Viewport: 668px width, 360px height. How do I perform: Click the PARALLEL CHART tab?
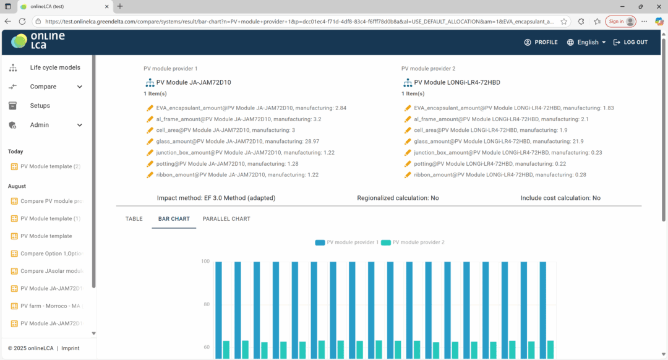coord(226,219)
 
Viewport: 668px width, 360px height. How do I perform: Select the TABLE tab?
coord(134,219)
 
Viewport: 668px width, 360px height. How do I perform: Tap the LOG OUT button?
coord(630,42)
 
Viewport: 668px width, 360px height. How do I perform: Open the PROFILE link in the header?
coord(541,42)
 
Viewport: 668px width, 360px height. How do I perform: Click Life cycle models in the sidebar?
coord(55,67)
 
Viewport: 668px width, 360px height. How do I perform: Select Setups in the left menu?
coord(40,106)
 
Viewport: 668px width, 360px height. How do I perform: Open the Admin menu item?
coord(40,125)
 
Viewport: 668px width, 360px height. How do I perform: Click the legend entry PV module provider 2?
coord(413,242)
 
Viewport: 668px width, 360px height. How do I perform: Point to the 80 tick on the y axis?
coord(205,304)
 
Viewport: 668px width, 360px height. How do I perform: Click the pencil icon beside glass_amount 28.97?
coord(150,142)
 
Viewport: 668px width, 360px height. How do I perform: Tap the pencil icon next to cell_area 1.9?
coord(408,131)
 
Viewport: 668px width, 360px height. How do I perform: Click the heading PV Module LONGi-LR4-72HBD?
coord(458,82)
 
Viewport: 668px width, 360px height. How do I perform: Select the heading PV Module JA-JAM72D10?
coord(194,82)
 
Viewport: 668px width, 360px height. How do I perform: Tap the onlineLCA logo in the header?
coord(38,41)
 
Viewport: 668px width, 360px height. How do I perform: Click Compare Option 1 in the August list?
coord(50,254)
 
